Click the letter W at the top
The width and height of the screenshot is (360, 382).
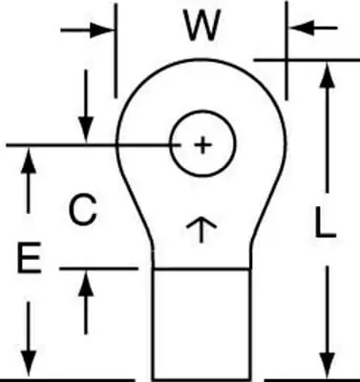click(202, 26)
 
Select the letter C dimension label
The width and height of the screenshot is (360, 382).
click(82, 209)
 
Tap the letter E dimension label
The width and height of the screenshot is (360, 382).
click(30, 258)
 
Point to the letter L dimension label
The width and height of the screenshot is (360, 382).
click(325, 223)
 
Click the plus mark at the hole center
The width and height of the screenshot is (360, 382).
click(202, 145)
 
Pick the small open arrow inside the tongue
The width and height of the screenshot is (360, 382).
click(201, 230)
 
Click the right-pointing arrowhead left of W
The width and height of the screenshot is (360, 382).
click(102, 31)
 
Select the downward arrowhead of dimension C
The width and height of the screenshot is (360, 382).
click(86, 130)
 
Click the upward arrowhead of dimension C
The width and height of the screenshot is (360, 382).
click(86, 284)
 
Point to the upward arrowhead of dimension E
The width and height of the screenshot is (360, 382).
click(29, 159)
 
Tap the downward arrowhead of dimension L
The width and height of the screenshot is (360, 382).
click(327, 365)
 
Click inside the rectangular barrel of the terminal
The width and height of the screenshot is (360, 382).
click(201, 325)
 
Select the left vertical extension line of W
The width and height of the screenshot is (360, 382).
click(116, 51)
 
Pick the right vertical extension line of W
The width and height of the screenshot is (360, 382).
click(286, 51)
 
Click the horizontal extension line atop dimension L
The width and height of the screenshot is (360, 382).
click(307, 59)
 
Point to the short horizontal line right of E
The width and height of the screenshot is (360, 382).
click(99, 269)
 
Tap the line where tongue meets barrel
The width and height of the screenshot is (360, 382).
click(201, 269)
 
